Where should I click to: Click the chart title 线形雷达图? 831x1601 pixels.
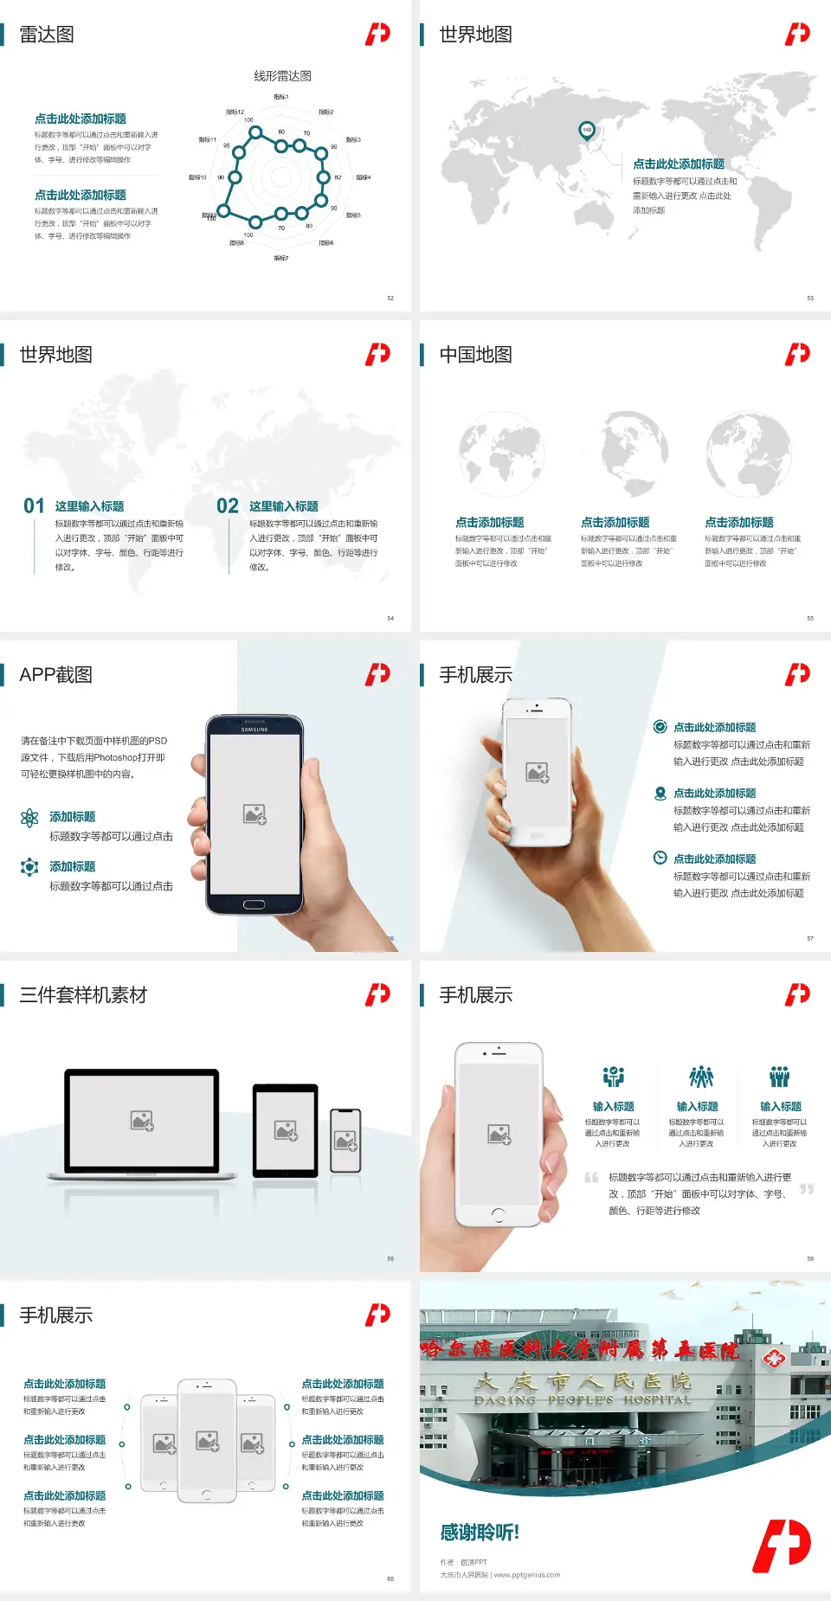pyautogui.click(x=282, y=76)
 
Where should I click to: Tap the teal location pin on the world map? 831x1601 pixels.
pyautogui.click(x=587, y=131)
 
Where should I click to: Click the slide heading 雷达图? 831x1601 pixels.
pyautogui.click(x=47, y=35)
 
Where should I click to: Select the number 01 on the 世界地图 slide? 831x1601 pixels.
pyautogui.click(x=34, y=506)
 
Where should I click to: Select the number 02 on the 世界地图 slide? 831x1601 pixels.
pyautogui.click(x=228, y=506)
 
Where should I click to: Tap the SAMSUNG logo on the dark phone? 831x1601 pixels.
pyautogui.click(x=254, y=730)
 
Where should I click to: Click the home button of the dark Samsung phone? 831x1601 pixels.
pyautogui.click(x=254, y=905)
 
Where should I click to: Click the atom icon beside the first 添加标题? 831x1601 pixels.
pyautogui.click(x=29, y=818)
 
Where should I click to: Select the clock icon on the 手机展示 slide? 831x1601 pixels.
pyautogui.click(x=660, y=858)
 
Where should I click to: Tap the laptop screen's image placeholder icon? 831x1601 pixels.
pyautogui.click(x=142, y=1121)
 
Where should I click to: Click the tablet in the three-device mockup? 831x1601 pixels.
pyautogui.click(x=286, y=1129)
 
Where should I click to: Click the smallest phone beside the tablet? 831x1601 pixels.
pyautogui.click(x=345, y=1141)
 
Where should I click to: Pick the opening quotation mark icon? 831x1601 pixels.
pyautogui.click(x=591, y=1178)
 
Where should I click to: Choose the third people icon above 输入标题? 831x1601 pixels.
pyautogui.click(x=780, y=1077)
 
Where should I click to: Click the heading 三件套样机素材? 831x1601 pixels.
pyautogui.click(x=83, y=995)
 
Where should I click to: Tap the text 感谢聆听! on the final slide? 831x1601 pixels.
pyautogui.click(x=480, y=1533)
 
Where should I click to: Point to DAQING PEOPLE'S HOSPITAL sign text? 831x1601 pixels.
pyautogui.click(x=582, y=1399)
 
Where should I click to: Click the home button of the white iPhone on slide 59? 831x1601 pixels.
pyautogui.click(x=498, y=1215)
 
